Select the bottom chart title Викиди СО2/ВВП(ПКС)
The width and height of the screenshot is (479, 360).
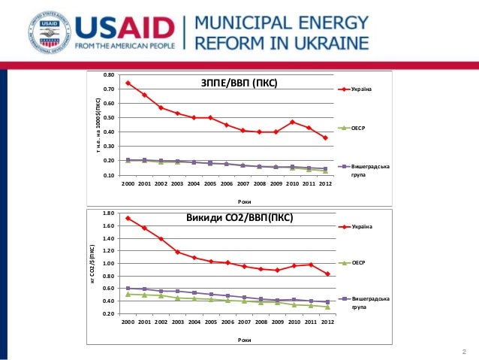pos(239,219)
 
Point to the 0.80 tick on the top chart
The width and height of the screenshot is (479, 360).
pos(109,75)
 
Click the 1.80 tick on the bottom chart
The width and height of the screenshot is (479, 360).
pos(109,213)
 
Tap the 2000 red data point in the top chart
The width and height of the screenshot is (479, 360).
pos(128,83)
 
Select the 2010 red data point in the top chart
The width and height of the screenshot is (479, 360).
pos(293,122)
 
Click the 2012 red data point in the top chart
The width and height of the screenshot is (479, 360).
pos(325,138)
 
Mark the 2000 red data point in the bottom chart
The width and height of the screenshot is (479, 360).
pos(128,218)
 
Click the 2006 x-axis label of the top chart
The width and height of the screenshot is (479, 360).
pos(227,183)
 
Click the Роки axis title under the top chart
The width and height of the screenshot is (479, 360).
pos(245,201)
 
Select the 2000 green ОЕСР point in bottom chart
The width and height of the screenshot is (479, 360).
pos(128,294)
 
